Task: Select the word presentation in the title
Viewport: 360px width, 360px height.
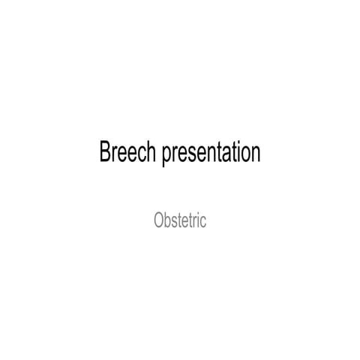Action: (x=210, y=154)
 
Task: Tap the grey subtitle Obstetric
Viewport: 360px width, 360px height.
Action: (x=179, y=221)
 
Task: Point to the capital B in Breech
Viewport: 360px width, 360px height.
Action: (x=105, y=153)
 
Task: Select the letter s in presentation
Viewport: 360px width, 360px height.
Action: (x=191, y=154)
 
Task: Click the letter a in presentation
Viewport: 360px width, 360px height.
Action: (x=227, y=154)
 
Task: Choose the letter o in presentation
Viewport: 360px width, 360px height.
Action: (x=246, y=154)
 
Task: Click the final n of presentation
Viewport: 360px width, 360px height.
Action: (x=256, y=154)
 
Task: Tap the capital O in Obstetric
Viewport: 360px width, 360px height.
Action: (x=157, y=221)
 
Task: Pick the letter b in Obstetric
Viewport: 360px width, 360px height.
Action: (x=166, y=221)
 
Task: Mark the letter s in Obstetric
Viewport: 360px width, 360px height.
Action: (x=175, y=222)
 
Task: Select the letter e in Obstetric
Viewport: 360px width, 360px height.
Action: (x=185, y=222)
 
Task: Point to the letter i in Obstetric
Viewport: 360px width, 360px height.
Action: (x=199, y=221)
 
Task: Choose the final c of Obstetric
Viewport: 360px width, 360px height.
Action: (x=203, y=222)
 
